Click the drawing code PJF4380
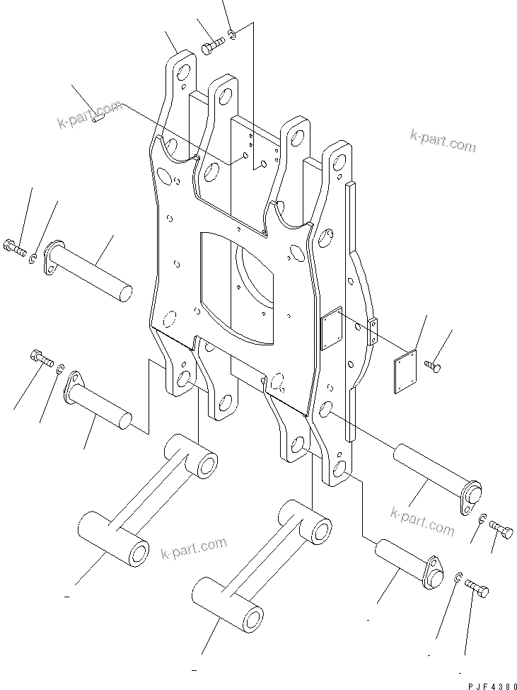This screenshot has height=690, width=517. pyautogui.click(x=492, y=686)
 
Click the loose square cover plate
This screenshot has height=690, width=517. pyautogui.click(x=405, y=371)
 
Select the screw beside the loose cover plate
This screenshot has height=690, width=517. pyautogui.click(x=433, y=366)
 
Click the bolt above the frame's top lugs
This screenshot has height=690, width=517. pyautogui.click(x=213, y=45)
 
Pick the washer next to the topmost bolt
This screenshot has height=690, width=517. pyautogui.click(x=232, y=35)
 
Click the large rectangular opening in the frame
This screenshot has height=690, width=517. pyautogui.click(x=236, y=288)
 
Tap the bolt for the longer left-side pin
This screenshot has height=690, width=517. pyautogui.click(x=14, y=248)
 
